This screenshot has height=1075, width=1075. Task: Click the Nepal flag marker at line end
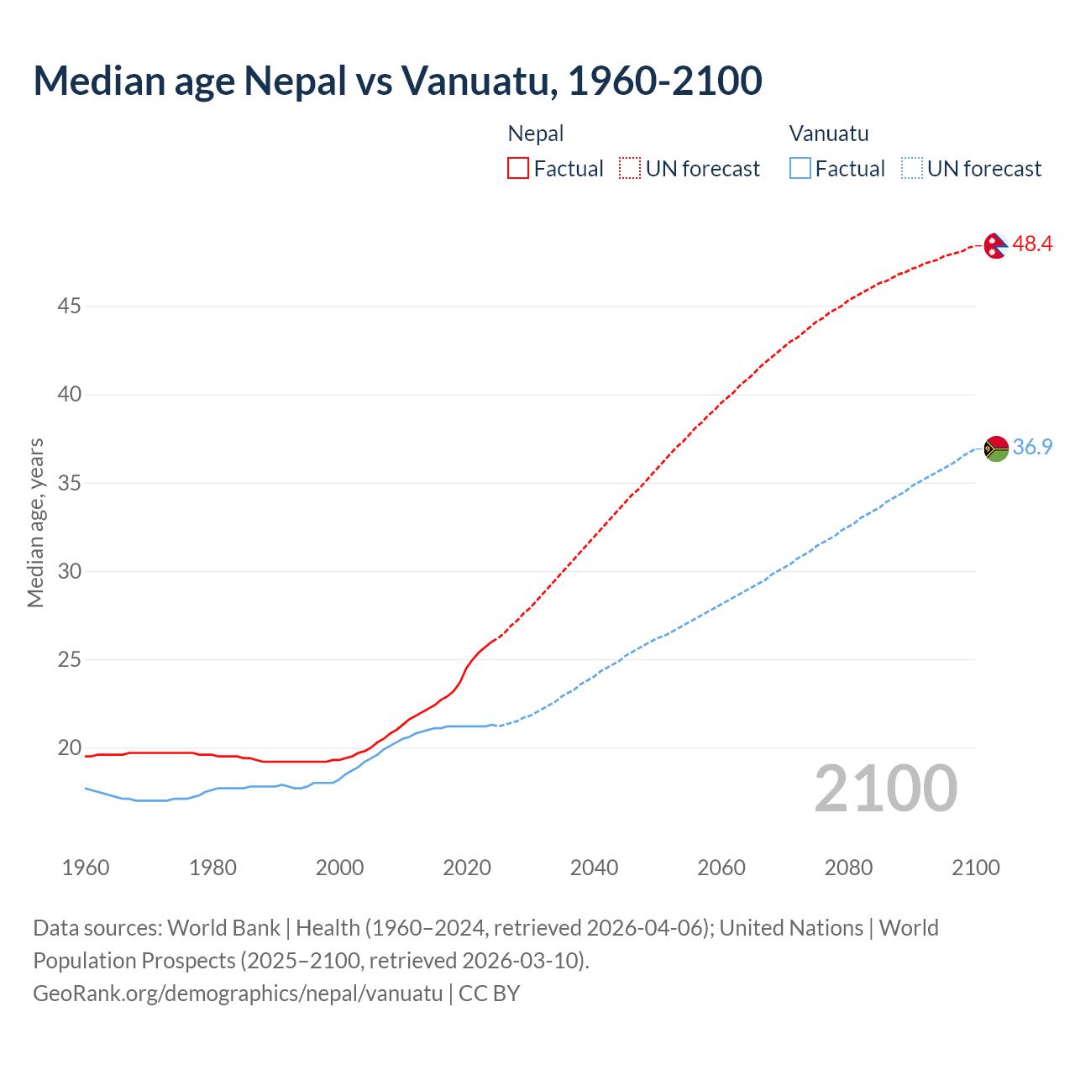click(x=996, y=245)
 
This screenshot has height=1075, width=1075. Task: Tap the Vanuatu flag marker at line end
click(x=996, y=448)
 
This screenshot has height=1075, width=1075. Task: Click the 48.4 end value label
click(x=1032, y=244)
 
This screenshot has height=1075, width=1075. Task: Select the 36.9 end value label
click(x=1032, y=448)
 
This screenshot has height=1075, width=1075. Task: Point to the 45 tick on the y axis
click(x=69, y=307)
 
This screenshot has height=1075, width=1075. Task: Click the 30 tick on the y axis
click(x=69, y=572)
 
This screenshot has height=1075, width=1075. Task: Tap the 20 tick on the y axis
click(x=69, y=748)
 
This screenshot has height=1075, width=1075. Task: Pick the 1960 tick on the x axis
click(x=86, y=868)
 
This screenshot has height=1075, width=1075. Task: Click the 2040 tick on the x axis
click(x=594, y=868)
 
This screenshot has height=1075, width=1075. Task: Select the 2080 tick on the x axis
click(x=848, y=868)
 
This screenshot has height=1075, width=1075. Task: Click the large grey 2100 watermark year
click(x=885, y=789)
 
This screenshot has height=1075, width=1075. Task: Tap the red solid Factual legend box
click(x=518, y=169)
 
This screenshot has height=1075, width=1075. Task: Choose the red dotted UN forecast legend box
click(x=630, y=169)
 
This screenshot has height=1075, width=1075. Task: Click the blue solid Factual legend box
click(x=800, y=169)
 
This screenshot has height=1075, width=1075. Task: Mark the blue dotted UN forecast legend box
click(x=911, y=169)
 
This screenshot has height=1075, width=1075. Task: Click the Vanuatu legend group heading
click(x=829, y=134)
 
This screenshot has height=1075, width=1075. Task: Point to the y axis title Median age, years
click(x=35, y=522)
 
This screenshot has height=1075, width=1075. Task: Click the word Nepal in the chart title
click(x=295, y=81)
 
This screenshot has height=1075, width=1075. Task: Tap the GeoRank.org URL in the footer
click(x=238, y=994)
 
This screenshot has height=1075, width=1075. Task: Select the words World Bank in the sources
click(x=223, y=928)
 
